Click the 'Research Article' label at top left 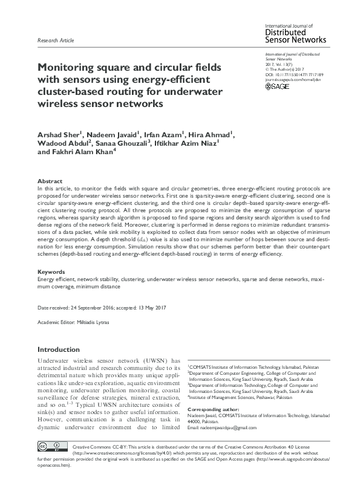(56, 41)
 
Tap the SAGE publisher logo (278, 87)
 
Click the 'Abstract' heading (50, 181)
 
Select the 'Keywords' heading (51, 272)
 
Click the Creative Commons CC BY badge (50, 463)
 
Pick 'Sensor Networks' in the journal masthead (296, 40)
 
